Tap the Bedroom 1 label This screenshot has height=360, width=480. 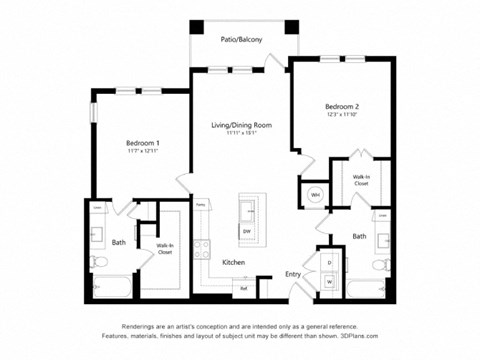(142, 142)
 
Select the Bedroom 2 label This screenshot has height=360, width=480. (342, 106)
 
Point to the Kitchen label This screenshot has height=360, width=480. (234, 262)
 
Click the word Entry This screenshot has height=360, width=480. (293, 273)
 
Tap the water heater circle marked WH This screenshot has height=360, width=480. (315, 194)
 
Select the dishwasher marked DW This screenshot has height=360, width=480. (246, 230)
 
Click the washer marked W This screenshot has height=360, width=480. (329, 281)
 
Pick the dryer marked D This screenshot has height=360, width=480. (329, 262)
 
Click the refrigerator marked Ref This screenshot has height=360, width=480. (243, 288)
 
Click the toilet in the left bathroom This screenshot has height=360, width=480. (99, 262)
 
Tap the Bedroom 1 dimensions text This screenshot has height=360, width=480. (142, 153)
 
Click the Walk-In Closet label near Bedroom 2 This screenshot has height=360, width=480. (361, 181)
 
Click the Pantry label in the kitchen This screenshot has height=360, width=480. (200, 205)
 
